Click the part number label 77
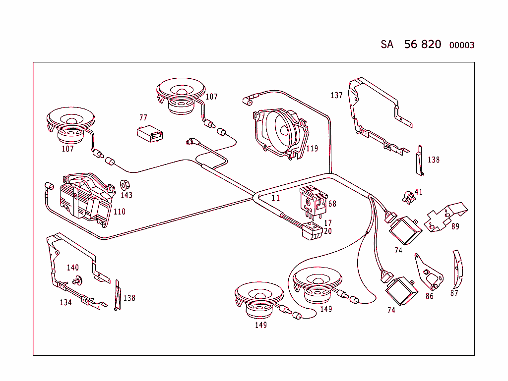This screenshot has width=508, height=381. point(143,117)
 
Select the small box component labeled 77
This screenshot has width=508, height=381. point(150,134)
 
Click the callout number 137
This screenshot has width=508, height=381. point(336,95)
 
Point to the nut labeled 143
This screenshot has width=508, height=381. point(125,185)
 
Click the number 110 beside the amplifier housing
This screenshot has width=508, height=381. point(119,212)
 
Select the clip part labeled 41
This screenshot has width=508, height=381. point(407,197)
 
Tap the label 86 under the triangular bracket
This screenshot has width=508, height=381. point(429,296)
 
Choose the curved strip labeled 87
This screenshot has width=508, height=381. point(456,270)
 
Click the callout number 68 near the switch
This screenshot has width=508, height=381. point(332,204)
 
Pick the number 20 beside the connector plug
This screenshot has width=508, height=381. point(327,231)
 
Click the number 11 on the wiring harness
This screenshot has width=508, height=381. point(276,198)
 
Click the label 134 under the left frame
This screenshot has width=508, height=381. point(65,302)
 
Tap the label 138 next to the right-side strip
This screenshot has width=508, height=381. point(433,160)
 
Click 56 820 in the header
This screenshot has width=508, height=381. point(422,44)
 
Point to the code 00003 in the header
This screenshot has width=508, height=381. point(461,45)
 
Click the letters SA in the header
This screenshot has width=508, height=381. point(387,45)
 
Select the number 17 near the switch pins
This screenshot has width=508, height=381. point(328,223)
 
